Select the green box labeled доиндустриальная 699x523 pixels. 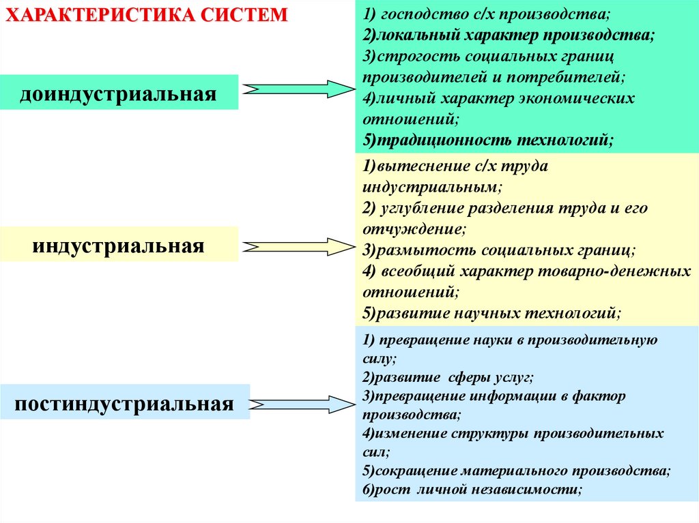click(119, 93)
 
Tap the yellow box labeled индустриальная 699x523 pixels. click(119, 245)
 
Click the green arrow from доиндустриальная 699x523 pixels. click(298, 89)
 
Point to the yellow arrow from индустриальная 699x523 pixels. click(298, 246)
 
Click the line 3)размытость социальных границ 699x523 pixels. click(498, 250)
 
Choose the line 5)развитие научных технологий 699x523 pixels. click(491, 314)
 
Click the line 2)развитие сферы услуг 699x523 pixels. click(447, 376)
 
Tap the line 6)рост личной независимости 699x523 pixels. click(472, 490)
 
